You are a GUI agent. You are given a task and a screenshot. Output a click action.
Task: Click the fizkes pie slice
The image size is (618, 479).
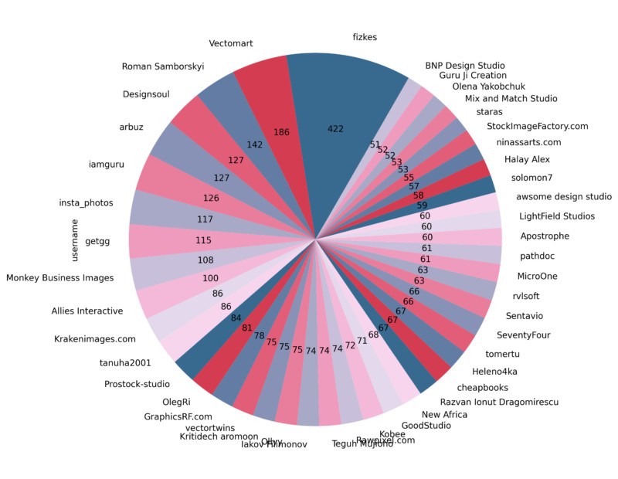(340, 93)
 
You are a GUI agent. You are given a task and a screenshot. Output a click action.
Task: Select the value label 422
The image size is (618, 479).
(335, 129)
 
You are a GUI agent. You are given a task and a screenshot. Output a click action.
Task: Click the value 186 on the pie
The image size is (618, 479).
(281, 133)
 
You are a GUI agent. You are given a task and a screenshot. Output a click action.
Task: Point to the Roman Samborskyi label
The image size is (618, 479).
(163, 66)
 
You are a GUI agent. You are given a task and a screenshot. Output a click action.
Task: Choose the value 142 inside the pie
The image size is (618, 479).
(255, 144)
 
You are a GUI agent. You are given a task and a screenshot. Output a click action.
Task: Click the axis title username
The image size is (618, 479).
(76, 240)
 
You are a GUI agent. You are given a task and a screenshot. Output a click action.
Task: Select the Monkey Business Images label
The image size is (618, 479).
(59, 277)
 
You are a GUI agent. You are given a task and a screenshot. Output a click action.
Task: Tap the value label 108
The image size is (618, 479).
(205, 260)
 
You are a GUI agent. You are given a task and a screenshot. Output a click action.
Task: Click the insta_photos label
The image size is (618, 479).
(87, 203)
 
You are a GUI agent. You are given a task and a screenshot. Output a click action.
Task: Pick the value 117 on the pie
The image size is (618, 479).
(205, 219)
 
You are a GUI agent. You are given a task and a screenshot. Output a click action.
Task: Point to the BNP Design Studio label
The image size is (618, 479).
(465, 65)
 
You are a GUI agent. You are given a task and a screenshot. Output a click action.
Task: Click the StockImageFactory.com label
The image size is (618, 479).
(538, 126)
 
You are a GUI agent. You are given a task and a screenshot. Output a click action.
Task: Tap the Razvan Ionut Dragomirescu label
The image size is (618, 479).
(499, 402)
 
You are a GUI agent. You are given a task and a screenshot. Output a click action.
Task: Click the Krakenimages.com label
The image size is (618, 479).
(95, 338)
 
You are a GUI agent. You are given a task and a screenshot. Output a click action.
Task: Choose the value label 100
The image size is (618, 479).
(210, 277)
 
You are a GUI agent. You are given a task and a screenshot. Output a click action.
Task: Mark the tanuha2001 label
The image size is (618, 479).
(125, 362)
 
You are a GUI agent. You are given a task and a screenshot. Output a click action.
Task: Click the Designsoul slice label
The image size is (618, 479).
(146, 95)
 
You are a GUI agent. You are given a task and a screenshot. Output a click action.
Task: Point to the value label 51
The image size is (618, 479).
(375, 144)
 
